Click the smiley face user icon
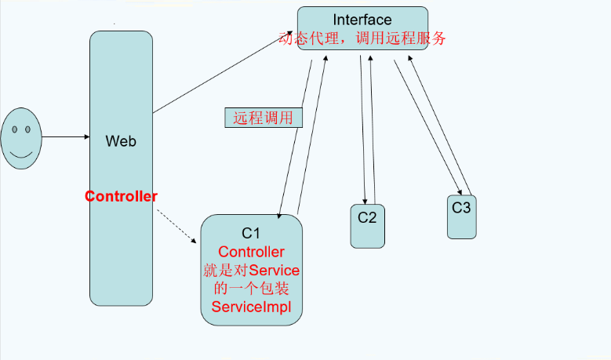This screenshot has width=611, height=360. pos(21,136)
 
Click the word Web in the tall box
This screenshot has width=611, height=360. pos(121,141)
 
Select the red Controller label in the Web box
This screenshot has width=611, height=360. pos(121,196)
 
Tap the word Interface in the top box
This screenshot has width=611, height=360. pos(362,20)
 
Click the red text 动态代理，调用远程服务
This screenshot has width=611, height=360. pos(362,38)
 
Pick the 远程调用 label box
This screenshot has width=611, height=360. pos(264,118)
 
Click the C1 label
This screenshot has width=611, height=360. pos(251,233)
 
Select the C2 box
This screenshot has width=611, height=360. pos(368,226)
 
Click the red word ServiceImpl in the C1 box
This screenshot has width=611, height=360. pos(251,307)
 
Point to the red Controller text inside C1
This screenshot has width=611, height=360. pos(251,252)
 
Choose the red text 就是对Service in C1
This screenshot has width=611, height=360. pos(251,271)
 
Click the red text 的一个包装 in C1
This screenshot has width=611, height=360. pos(251,289)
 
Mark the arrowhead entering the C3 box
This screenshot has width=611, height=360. pos(458,191)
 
